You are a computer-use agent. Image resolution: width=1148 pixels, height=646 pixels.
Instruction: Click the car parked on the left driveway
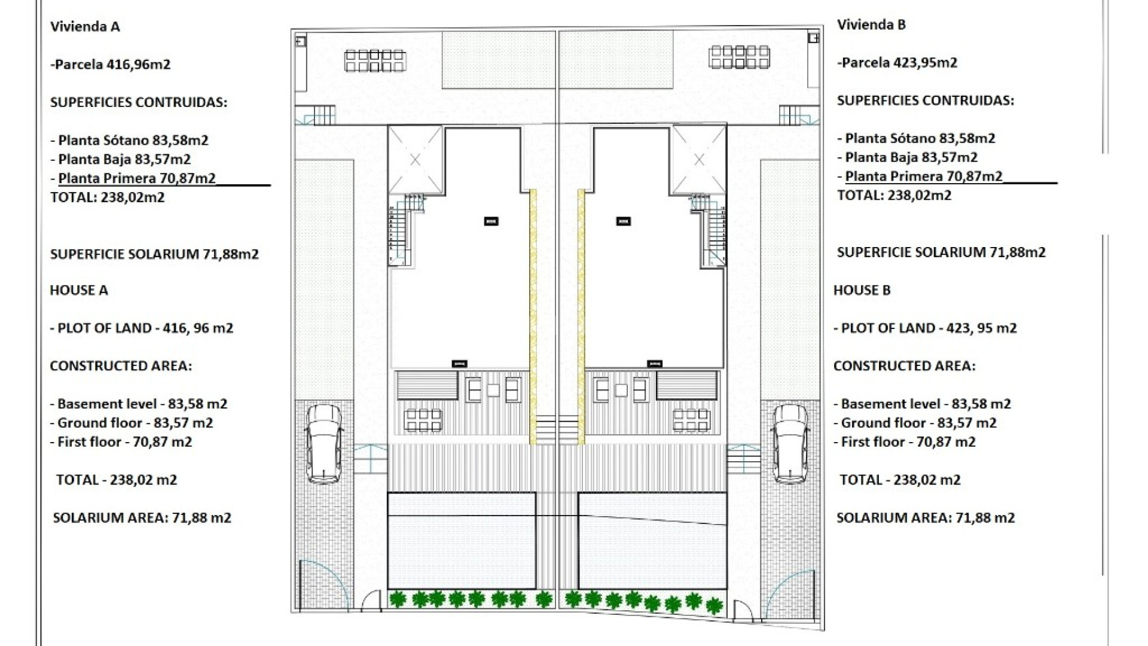323,443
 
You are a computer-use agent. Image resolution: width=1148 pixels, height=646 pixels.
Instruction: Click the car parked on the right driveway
790,443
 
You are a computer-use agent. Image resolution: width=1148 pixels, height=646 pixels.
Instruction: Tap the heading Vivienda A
86,26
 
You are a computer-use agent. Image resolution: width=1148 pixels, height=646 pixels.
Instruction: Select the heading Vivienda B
871,25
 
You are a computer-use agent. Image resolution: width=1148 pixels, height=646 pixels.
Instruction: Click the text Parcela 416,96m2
111,64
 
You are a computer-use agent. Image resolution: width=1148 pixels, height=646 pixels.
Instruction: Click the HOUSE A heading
79,290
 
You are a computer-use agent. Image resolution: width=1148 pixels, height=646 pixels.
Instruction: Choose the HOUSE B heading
862,290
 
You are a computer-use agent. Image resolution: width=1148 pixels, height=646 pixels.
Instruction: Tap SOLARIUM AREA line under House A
142,518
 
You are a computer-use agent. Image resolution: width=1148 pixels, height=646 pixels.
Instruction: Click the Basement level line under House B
923,404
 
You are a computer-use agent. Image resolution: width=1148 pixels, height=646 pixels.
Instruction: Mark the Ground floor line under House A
132,423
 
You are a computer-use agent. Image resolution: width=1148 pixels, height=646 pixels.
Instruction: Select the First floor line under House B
905,442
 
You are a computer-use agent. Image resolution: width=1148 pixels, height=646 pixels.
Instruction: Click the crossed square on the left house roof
415,160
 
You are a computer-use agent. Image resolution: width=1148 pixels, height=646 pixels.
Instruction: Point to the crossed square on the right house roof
699,160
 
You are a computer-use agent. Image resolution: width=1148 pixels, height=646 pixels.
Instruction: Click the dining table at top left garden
375,60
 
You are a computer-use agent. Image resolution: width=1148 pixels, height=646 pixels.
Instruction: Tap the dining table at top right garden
739,57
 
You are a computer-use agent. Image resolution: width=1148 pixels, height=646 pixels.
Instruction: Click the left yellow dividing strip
533,317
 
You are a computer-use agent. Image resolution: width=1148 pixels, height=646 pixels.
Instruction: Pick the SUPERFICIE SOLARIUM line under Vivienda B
941,252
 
